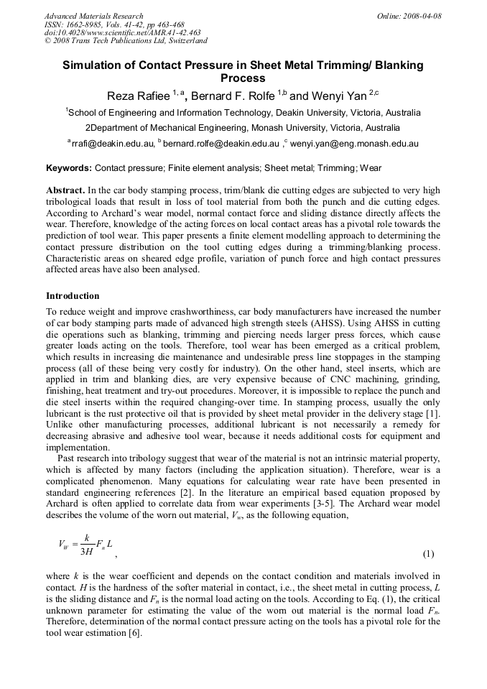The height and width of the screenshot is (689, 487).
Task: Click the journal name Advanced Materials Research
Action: coord(93,16)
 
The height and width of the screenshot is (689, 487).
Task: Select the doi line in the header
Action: coord(122,32)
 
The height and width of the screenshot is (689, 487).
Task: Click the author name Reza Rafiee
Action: coord(136,96)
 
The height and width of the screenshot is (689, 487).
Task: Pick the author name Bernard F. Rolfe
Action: coord(234,96)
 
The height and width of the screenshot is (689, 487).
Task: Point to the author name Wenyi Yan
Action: coord(338,96)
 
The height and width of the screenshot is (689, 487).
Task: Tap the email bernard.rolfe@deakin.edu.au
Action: coord(222,144)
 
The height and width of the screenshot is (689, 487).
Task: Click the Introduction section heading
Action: coord(73,296)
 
